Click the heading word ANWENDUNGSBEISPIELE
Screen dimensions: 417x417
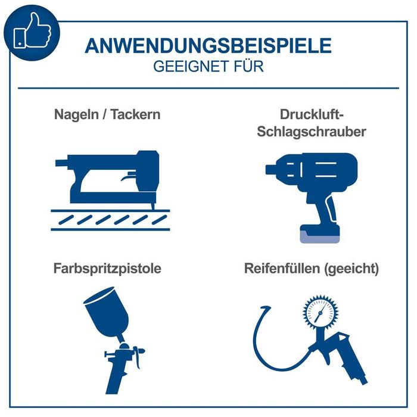tap(208, 46)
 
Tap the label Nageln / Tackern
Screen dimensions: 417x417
tap(107, 114)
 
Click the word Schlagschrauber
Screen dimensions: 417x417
tap(311, 132)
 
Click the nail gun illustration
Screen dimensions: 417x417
tap(107, 179)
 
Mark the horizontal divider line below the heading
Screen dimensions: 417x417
tap(208, 88)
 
